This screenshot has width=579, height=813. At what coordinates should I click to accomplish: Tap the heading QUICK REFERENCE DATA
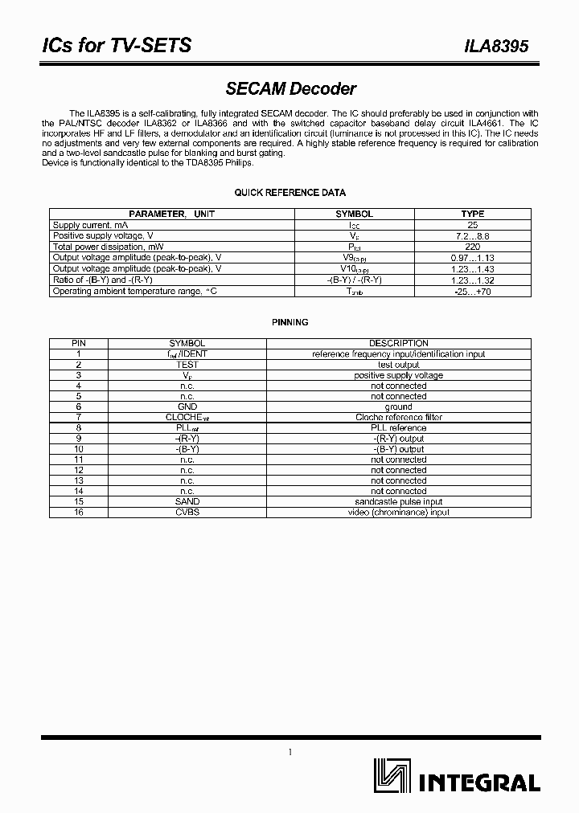pos(289,193)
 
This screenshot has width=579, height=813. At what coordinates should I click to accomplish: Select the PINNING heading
pos(289,322)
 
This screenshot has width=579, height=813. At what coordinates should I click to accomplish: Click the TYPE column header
pos(472,214)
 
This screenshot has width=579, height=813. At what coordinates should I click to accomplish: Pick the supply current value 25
pos(472,226)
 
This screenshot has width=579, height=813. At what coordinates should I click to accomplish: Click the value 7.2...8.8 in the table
pos(472,236)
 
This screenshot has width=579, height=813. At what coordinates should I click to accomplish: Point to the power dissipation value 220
pos(472,247)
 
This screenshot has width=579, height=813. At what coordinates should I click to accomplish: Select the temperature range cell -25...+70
pos(472,292)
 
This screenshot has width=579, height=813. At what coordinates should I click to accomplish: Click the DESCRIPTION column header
pos(398,344)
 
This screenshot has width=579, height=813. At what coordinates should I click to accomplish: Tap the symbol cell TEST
pos(187,365)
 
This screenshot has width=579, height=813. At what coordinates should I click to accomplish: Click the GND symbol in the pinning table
pos(187,406)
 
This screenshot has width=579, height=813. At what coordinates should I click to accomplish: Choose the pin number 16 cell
pos(79,512)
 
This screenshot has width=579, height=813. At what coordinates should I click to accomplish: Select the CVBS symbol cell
pos(187,512)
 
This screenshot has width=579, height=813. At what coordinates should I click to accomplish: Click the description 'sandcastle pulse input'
pos(398,501)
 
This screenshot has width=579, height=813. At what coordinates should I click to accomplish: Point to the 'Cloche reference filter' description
pos(398,417)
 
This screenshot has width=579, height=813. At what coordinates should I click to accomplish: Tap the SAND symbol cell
pos(187,501)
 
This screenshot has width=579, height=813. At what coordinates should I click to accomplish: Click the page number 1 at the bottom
pos(289,752)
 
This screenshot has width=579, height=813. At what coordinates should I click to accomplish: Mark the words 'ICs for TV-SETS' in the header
pos(116,46)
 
